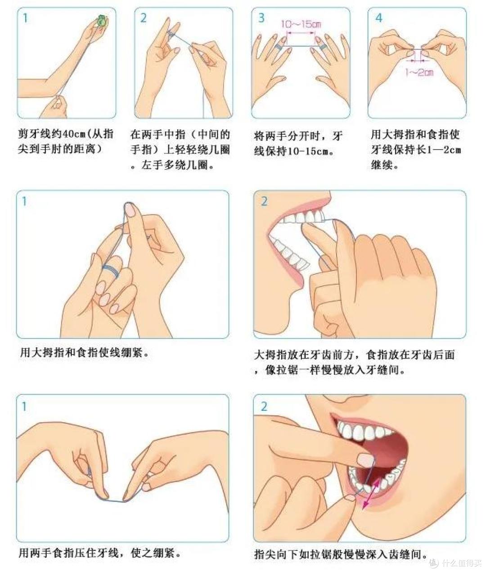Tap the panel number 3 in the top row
pos(261,18)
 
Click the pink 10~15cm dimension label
pos(301,24)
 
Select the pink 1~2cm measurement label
pos(419,72)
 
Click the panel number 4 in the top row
pos(378,18)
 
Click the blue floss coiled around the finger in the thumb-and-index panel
pos(111,270)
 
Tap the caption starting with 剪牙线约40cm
pos(66,141)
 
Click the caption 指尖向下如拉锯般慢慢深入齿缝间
pos(340,554)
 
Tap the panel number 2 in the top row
pos(144,18)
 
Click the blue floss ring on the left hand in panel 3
pos(279,46)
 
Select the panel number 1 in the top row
pos(25,18)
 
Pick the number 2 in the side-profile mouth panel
pos(264,201)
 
